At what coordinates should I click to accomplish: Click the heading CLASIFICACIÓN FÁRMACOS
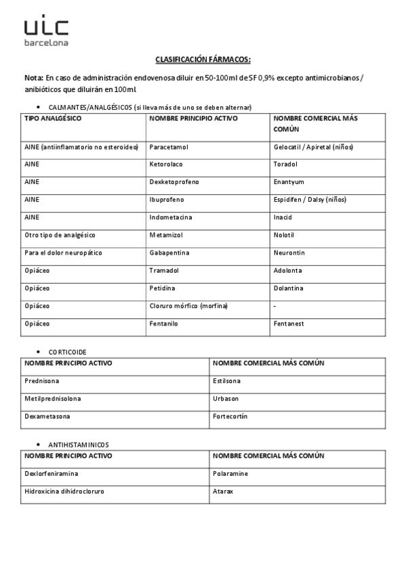click(203, 60)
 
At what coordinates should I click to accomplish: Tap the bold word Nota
click(33, 78)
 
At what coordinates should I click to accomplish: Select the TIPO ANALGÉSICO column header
click(52, 118)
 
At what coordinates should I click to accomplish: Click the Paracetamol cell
click(169, 147)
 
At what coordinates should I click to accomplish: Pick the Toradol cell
click(285, 164)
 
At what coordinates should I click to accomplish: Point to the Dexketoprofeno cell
click(171, 182)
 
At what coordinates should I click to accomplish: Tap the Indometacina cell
click(171, 217)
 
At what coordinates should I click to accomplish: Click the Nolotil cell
click(285, 235)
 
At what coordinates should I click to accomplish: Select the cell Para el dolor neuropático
click(62, 252)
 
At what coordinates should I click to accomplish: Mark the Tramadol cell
click(164, 270)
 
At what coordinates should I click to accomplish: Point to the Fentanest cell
click(289, 324)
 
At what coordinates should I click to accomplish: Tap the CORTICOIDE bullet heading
click(67, 352)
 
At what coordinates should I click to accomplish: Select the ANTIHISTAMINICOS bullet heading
click(78, 445)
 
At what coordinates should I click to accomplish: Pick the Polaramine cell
click(230, 473)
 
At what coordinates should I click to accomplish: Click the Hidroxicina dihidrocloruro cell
click(64, 491)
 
